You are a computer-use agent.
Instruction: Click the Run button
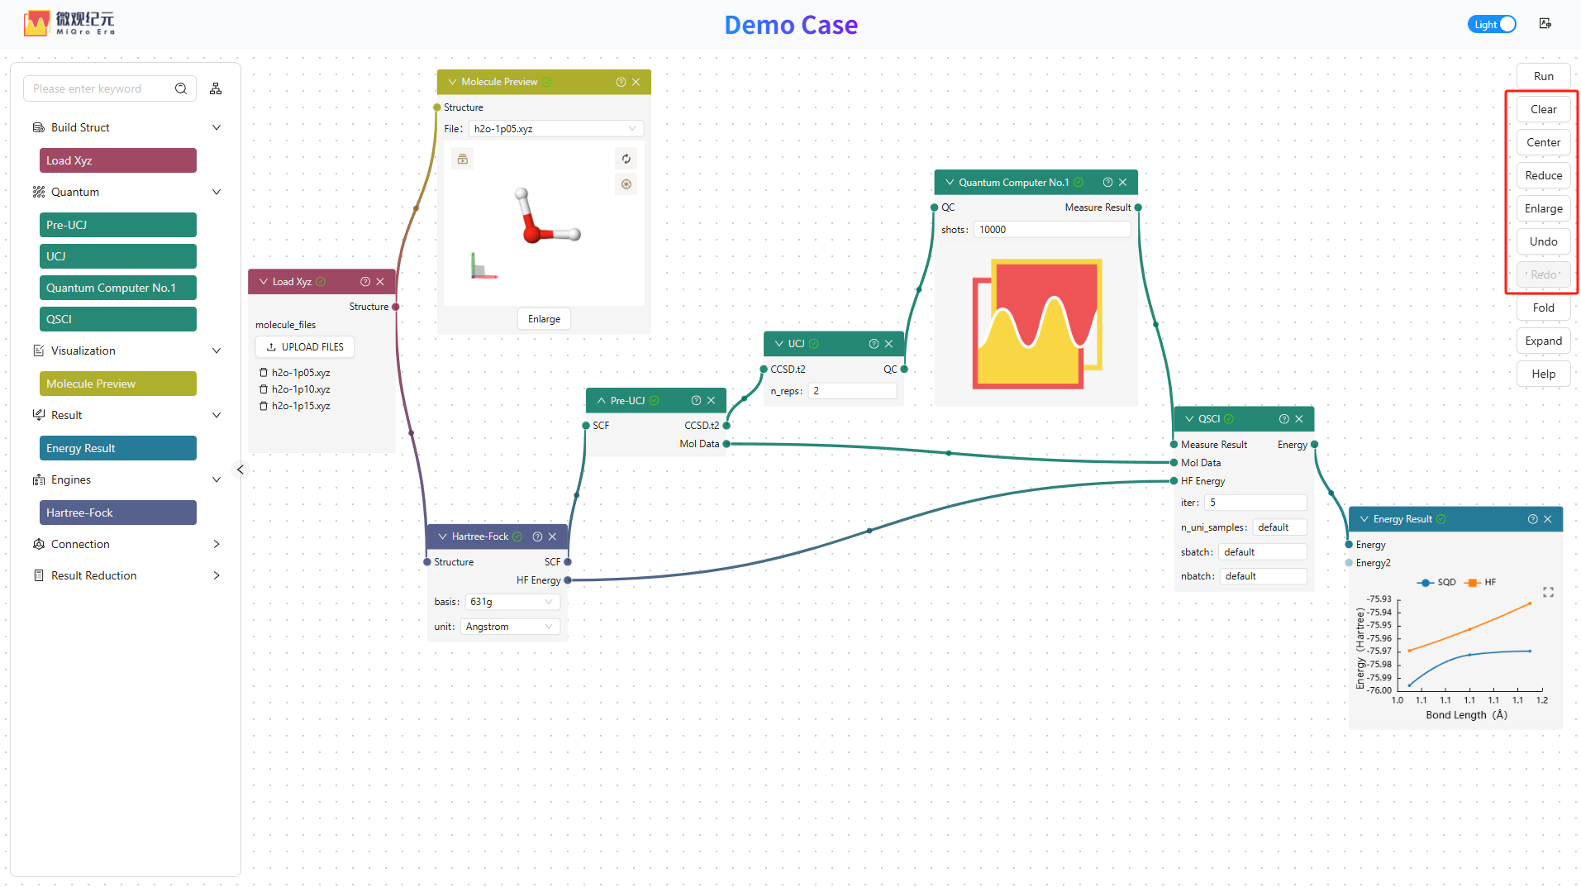1543,76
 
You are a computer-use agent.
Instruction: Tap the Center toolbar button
1543,142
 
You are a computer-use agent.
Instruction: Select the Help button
1543,374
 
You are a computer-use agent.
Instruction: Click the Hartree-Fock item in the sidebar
118,513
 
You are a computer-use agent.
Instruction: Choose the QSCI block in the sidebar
118,319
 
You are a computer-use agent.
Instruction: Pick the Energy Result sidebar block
118,448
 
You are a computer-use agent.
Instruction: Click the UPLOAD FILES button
305,347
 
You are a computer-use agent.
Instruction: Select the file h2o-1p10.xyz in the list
301,389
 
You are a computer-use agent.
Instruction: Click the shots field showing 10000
1051,230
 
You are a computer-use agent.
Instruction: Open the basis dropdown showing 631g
512,602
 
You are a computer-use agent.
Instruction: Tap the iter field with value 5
1255,503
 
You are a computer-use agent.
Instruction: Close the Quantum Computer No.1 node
1123,183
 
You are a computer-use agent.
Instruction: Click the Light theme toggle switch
1492,24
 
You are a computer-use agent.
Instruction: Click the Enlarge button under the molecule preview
544,319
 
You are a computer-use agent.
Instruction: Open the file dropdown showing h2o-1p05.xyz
556,129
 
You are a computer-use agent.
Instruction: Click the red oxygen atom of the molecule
533,232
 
